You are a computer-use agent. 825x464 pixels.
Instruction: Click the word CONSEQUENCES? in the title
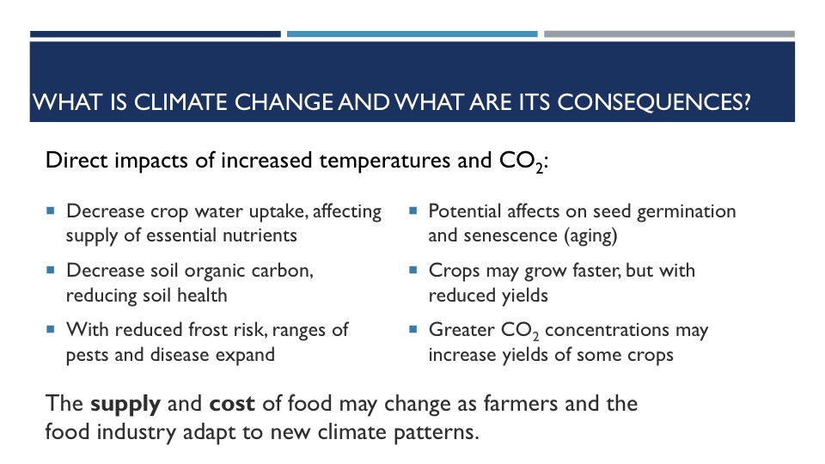[653, 102]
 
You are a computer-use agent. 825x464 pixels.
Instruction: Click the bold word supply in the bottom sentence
[125, 405]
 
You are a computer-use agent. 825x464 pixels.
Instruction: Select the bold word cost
[232, 404]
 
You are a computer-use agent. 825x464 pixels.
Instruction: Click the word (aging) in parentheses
[590, 235]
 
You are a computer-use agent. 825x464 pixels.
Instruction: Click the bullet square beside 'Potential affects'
[413, 211]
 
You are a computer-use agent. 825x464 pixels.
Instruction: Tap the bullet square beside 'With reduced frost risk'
[51, 329]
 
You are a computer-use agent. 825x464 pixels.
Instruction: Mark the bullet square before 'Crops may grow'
[413, 270]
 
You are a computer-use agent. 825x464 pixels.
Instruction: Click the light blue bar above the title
[412, 34]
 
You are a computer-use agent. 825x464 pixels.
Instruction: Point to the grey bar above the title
[669, 34]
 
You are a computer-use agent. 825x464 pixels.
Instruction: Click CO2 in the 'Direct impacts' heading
[521, 161]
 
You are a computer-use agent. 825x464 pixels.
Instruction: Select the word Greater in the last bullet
[461, 330]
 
